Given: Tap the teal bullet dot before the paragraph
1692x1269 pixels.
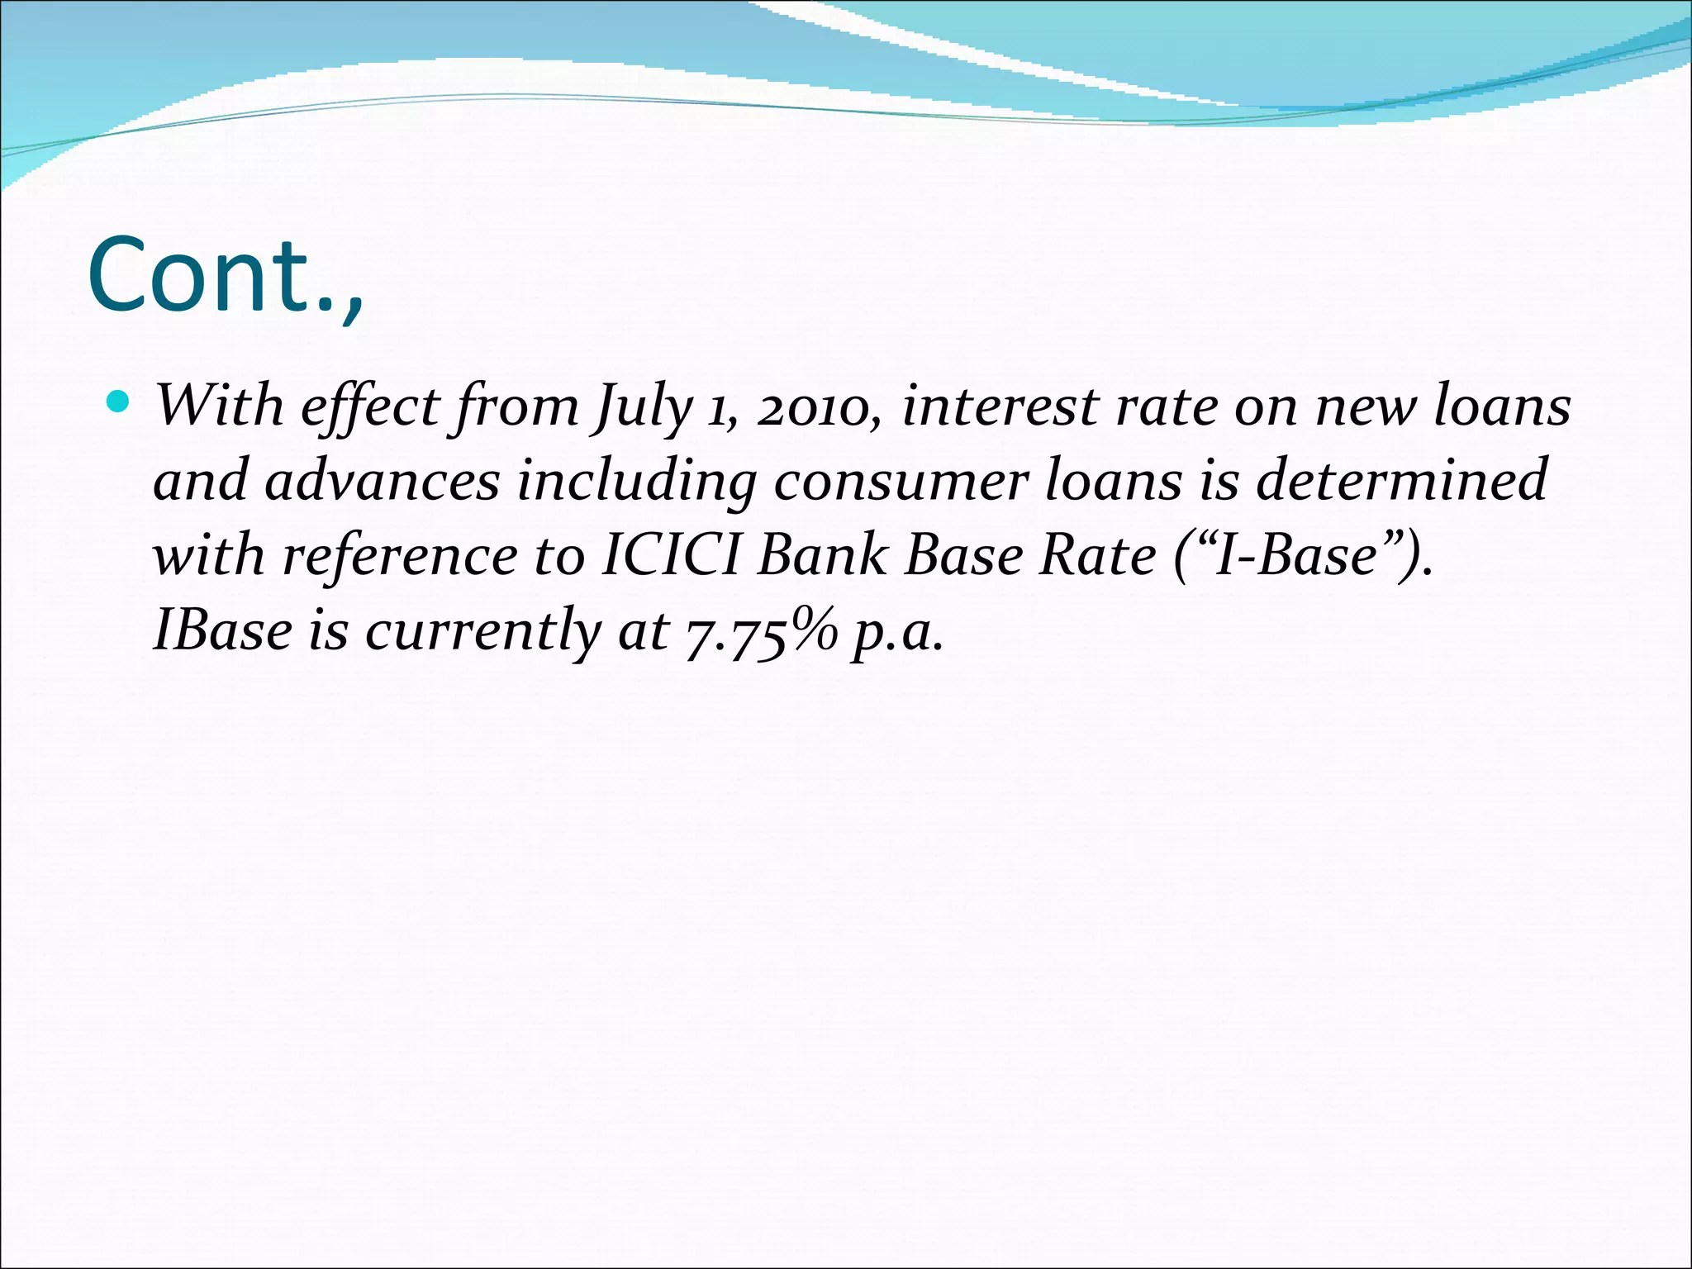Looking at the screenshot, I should (120, 402).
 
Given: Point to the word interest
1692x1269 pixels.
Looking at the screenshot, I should (1000, 406).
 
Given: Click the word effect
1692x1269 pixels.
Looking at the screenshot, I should (371, 406).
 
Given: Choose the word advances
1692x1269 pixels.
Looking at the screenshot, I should (383, 481).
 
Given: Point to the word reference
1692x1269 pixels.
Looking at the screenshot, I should (400, 555).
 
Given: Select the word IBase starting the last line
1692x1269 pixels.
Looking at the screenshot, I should (222, 630).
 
